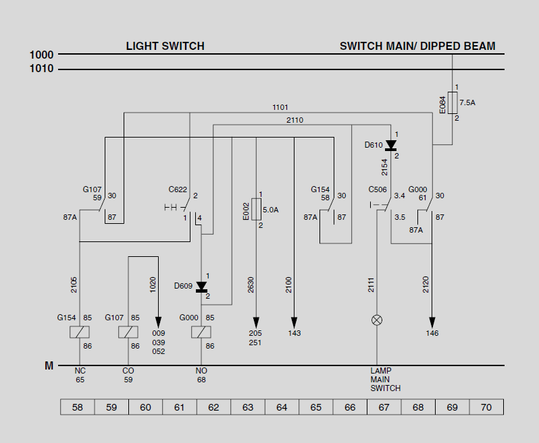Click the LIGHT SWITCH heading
click(x=165, y=47)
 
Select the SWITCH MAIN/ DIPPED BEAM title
click(x=417, y=47)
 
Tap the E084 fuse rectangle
click(x=453, y=103)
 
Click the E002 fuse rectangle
click(x=256, y=210)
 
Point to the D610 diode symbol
click(x=390, y=146)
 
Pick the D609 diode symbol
click(x=201, y=287)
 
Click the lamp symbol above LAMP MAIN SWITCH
click(x=377, y=320)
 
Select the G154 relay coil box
click(x=80, y=332)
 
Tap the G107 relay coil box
click(x=128, y=332)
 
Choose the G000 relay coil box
click(x=201, y=332)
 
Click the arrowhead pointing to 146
click(x=432, y=322)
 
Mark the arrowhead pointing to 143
click(x=294, y=322)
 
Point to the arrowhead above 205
click(x=256, y=322)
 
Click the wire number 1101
click(x=280, y=107)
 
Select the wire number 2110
click(x=294, y=120)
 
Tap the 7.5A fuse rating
click(x=467, y=103)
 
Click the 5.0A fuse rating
click(x=270, y=210)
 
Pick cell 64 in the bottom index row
click(x=282, y=407)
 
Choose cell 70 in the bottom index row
click(x=486, y=407)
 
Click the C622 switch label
click(x=178, y=189)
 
